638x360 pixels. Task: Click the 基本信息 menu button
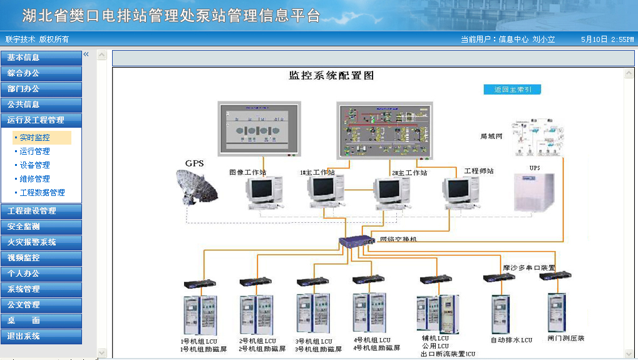click(41, 58)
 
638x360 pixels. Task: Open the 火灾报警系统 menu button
click(41, 242)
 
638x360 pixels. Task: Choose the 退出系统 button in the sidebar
click(41, 336)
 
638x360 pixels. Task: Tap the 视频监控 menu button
click(41, 257)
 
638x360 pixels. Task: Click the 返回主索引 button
click(512, 90)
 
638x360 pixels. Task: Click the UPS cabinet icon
click(535, 192)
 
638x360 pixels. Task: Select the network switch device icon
click(356, 242)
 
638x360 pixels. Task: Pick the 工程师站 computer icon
click(462, 193)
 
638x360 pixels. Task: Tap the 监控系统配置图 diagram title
click(331, 76)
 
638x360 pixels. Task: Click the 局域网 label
click(491, 136)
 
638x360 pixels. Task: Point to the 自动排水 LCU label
click(511, 340)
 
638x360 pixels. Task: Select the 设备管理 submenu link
click(35, 165)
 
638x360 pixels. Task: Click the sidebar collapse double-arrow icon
click(86, 54)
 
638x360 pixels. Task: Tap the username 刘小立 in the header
click(543, 39)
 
